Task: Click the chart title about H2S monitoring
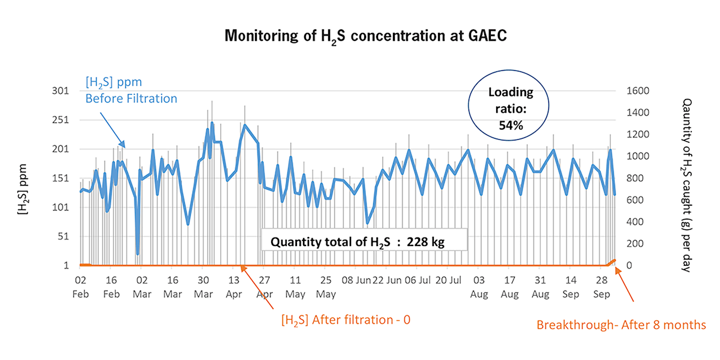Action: pos(365,36)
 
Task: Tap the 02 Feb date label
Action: pos(80,287)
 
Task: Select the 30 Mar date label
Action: pos(203,287)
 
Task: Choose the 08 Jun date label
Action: pos(356,280)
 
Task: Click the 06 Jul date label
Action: pos(418,280)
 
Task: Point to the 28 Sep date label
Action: pos(602,287)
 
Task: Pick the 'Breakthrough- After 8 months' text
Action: pos(621,325)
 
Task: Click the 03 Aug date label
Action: pos(479,287)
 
